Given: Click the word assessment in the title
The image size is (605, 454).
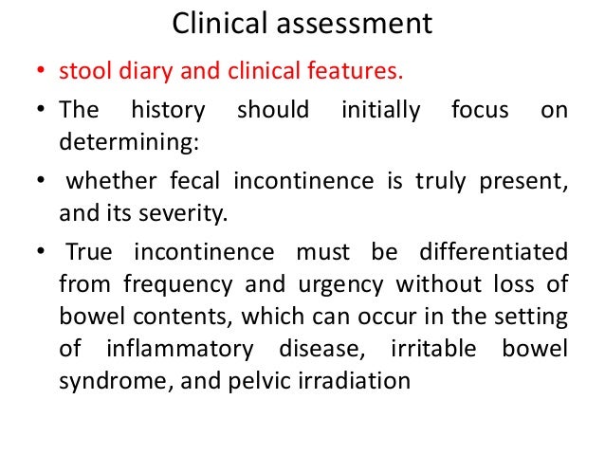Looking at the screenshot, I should coord(352,23).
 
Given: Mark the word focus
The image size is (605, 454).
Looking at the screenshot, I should coord(483,110).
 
